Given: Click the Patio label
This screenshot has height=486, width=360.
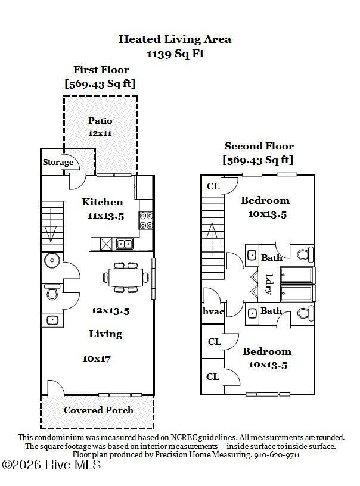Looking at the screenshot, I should click(100, 121).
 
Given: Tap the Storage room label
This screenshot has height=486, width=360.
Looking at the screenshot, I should click(58, 162).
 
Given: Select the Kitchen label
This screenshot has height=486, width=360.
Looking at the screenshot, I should click(103, 202).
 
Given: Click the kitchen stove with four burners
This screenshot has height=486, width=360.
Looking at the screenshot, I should click(146, 221).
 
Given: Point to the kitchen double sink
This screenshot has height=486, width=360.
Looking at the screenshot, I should click(125, 243).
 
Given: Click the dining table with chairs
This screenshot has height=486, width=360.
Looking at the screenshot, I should click(126, 276).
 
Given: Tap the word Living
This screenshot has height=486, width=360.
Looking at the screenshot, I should click(105, 334).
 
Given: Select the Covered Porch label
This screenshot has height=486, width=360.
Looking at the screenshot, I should click(98, 410).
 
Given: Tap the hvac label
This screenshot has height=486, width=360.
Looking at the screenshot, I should click(212, 311).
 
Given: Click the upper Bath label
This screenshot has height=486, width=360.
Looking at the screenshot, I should click(272, 257).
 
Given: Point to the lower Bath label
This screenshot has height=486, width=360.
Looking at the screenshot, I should click(271, 311).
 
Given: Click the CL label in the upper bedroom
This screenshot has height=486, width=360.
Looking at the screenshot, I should click(213, 186).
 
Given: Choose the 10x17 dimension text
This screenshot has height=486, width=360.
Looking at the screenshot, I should click(97, 359).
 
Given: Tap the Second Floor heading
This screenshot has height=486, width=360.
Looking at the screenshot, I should click(259, 147).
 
